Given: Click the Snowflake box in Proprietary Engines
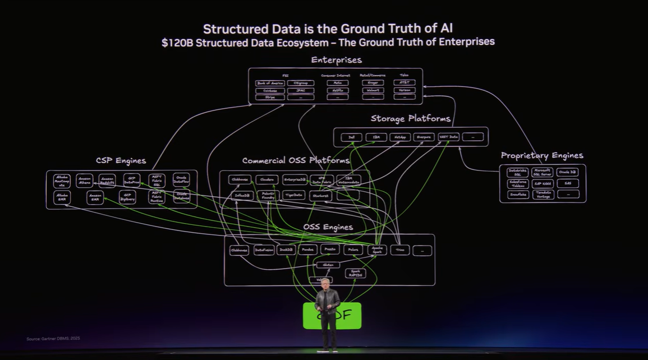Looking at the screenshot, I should (x=518, y=195).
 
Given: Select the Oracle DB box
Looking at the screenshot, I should (x=568, y=172).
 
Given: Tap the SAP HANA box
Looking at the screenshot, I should (x=543, y=183).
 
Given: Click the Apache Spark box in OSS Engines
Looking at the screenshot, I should (x=377, y=250).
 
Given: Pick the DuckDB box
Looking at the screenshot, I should (x=286, y=250).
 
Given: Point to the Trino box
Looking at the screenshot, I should (x=399, y=250).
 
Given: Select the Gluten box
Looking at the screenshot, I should (x=328, y=265).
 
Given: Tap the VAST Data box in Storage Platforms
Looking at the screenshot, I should (x=449, y=137).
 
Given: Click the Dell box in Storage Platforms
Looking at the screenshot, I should (x=352, y=137).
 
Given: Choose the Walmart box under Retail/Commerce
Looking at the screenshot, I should (x=373, y=90).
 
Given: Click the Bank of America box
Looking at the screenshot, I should (x=270, y=83).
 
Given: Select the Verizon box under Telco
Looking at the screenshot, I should (x=405, y=90).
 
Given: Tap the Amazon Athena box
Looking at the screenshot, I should (x=85, y=181).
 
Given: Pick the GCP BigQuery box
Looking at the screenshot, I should (x=127, y=197).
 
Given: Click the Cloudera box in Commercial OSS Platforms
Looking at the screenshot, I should (x=266, y=179).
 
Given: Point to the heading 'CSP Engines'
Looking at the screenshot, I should (x=121, y=161).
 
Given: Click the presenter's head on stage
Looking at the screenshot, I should (x=326, y=283).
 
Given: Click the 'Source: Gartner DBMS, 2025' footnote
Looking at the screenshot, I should (x=53, y=339).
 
